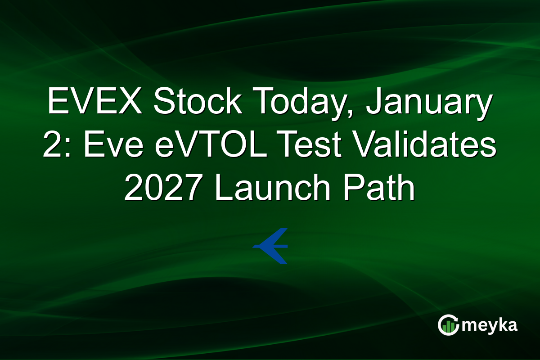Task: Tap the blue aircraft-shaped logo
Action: pos(271,246)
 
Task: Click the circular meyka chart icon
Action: pos(448,325)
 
